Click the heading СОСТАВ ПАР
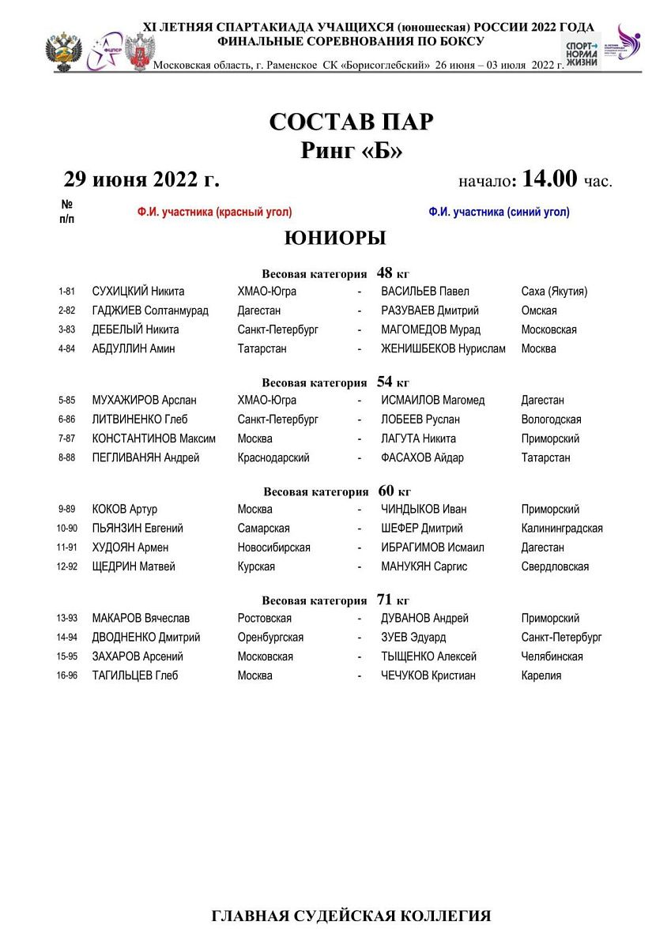coord(351,122)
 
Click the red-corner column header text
coord(214,212)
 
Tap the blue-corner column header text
coord(499,212)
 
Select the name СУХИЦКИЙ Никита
coord(138,292)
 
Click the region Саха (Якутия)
coord(554,292)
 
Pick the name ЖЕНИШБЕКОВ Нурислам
coord(443,348)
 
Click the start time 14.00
coord(549,179)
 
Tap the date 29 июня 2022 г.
coord(141,179)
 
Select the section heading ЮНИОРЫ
coord(335,238)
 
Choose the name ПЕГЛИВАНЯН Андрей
coord(145,457)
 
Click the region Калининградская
coord(562,529)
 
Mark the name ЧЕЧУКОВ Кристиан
coord(428,675)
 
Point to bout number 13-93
coord(66,619)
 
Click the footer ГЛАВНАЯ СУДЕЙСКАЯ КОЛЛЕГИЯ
coord(351,916)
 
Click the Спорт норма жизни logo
coord(580,50)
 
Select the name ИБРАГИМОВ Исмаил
coord(432,547)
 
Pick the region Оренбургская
coord(270,638)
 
